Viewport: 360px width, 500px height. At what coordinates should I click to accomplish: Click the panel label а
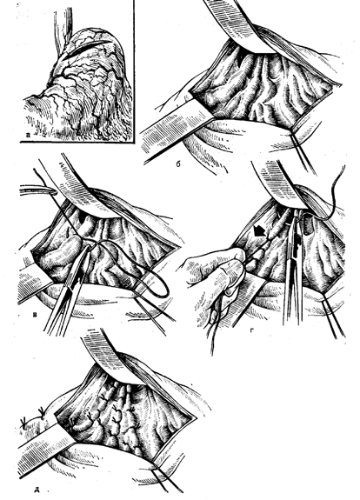pos(28,135)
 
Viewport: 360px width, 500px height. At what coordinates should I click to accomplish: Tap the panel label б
pos(178,163)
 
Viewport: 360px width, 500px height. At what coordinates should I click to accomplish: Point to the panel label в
pos(36,316)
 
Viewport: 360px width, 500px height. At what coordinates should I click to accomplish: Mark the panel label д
pos(37,490)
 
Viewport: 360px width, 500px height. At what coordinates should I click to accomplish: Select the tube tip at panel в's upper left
pos(53,191)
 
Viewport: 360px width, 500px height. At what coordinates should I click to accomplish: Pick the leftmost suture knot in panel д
pos(23,423)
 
